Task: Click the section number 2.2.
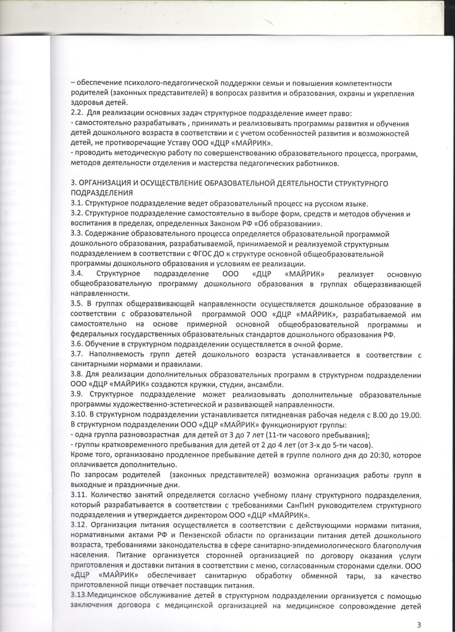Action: pyautogui.click(x=76, y=113)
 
